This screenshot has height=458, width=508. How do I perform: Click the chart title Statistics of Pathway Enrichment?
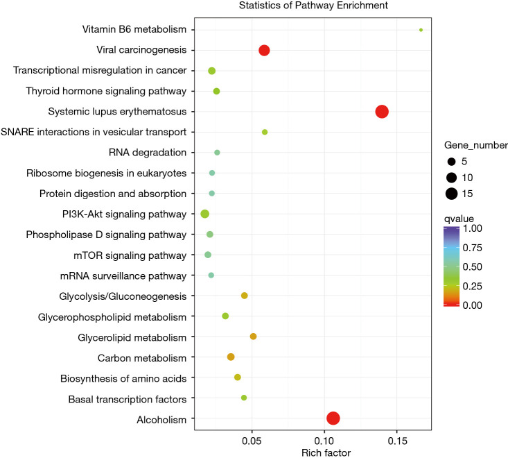pyautogui.click(x=313, y=6)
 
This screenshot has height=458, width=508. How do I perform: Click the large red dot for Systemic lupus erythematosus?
pyautogui.click(x=382, y=112)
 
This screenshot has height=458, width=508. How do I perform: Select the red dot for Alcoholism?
pyautogui.click(x=333, y=418)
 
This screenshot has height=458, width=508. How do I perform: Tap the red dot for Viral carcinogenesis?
pyautogui.click(x=264, y=50)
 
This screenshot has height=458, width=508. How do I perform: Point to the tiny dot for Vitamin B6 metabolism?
pyautogui.click(x=421, y=30)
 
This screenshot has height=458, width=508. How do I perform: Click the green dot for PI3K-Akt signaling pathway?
pyautogui.click(x=204, y=214)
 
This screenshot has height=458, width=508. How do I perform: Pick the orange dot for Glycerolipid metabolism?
pyautogui.click(x=253, y=337)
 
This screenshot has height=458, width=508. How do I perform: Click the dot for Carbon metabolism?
pyautogui.click(x=231, y=357)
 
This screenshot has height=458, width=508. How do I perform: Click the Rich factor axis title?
pyautogui.click(x=326, y=453)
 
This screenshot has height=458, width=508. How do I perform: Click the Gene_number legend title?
pyautogui.click(x=476, y=146)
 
